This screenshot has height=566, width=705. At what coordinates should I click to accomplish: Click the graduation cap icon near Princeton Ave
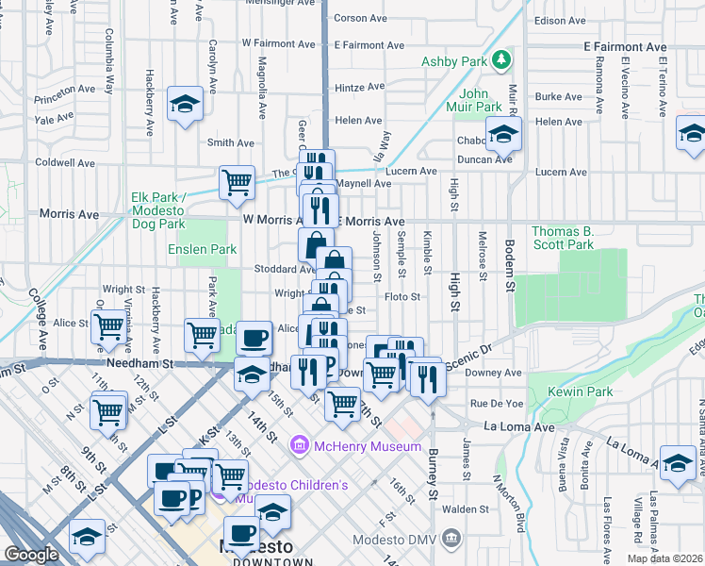pyautogui.click(x=186, y=104)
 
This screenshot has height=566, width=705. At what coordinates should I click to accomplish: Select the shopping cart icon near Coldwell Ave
pyautogui.click(x=237, y=182)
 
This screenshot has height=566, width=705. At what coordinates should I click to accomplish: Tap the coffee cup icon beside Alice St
pyautogui.click(x=252, y=339)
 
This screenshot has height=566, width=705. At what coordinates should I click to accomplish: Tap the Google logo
pyautogui.click(x=32, y=555)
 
